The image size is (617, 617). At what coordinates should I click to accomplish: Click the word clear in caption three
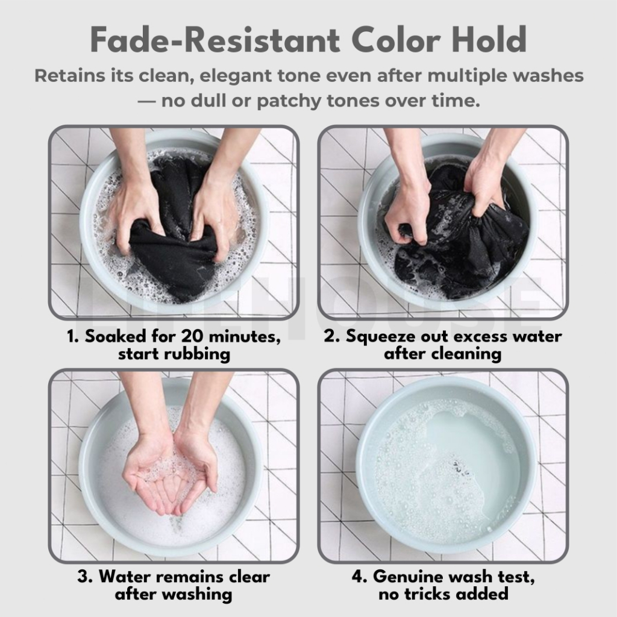click(249, 577)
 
